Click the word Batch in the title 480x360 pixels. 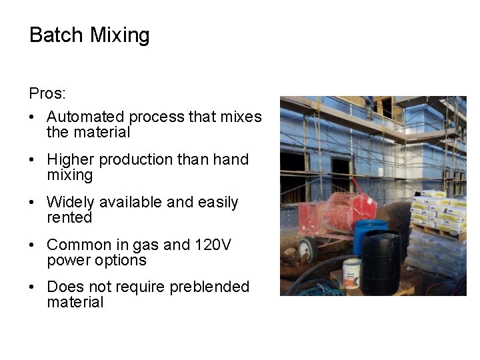pos(57,35)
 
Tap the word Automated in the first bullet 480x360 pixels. pos(86,117)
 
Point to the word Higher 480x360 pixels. pos(69,160)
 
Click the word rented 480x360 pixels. pos(69,217)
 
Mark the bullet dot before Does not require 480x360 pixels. pos(32,287)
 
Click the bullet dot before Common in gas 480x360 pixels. pos(32,245)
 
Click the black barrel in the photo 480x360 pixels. pos(381,263)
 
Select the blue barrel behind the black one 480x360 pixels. pos(367,233)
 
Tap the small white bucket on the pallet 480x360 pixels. pos(351,273)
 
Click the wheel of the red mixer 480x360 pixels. pos(307,249)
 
